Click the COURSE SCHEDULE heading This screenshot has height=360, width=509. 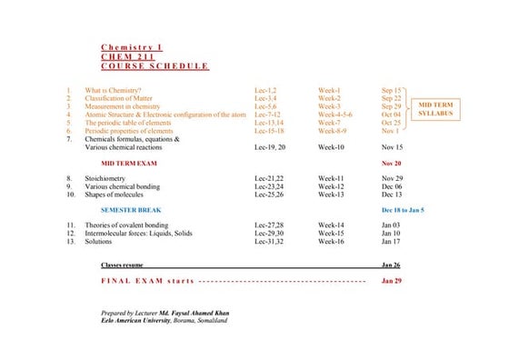[155, 66]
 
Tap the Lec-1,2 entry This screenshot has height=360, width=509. [268, 91]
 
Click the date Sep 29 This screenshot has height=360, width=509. [392, 107]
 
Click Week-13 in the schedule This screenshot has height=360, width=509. [331, 195]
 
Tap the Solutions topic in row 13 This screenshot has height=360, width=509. [99, 242]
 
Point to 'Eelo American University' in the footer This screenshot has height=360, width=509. [137, 321]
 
